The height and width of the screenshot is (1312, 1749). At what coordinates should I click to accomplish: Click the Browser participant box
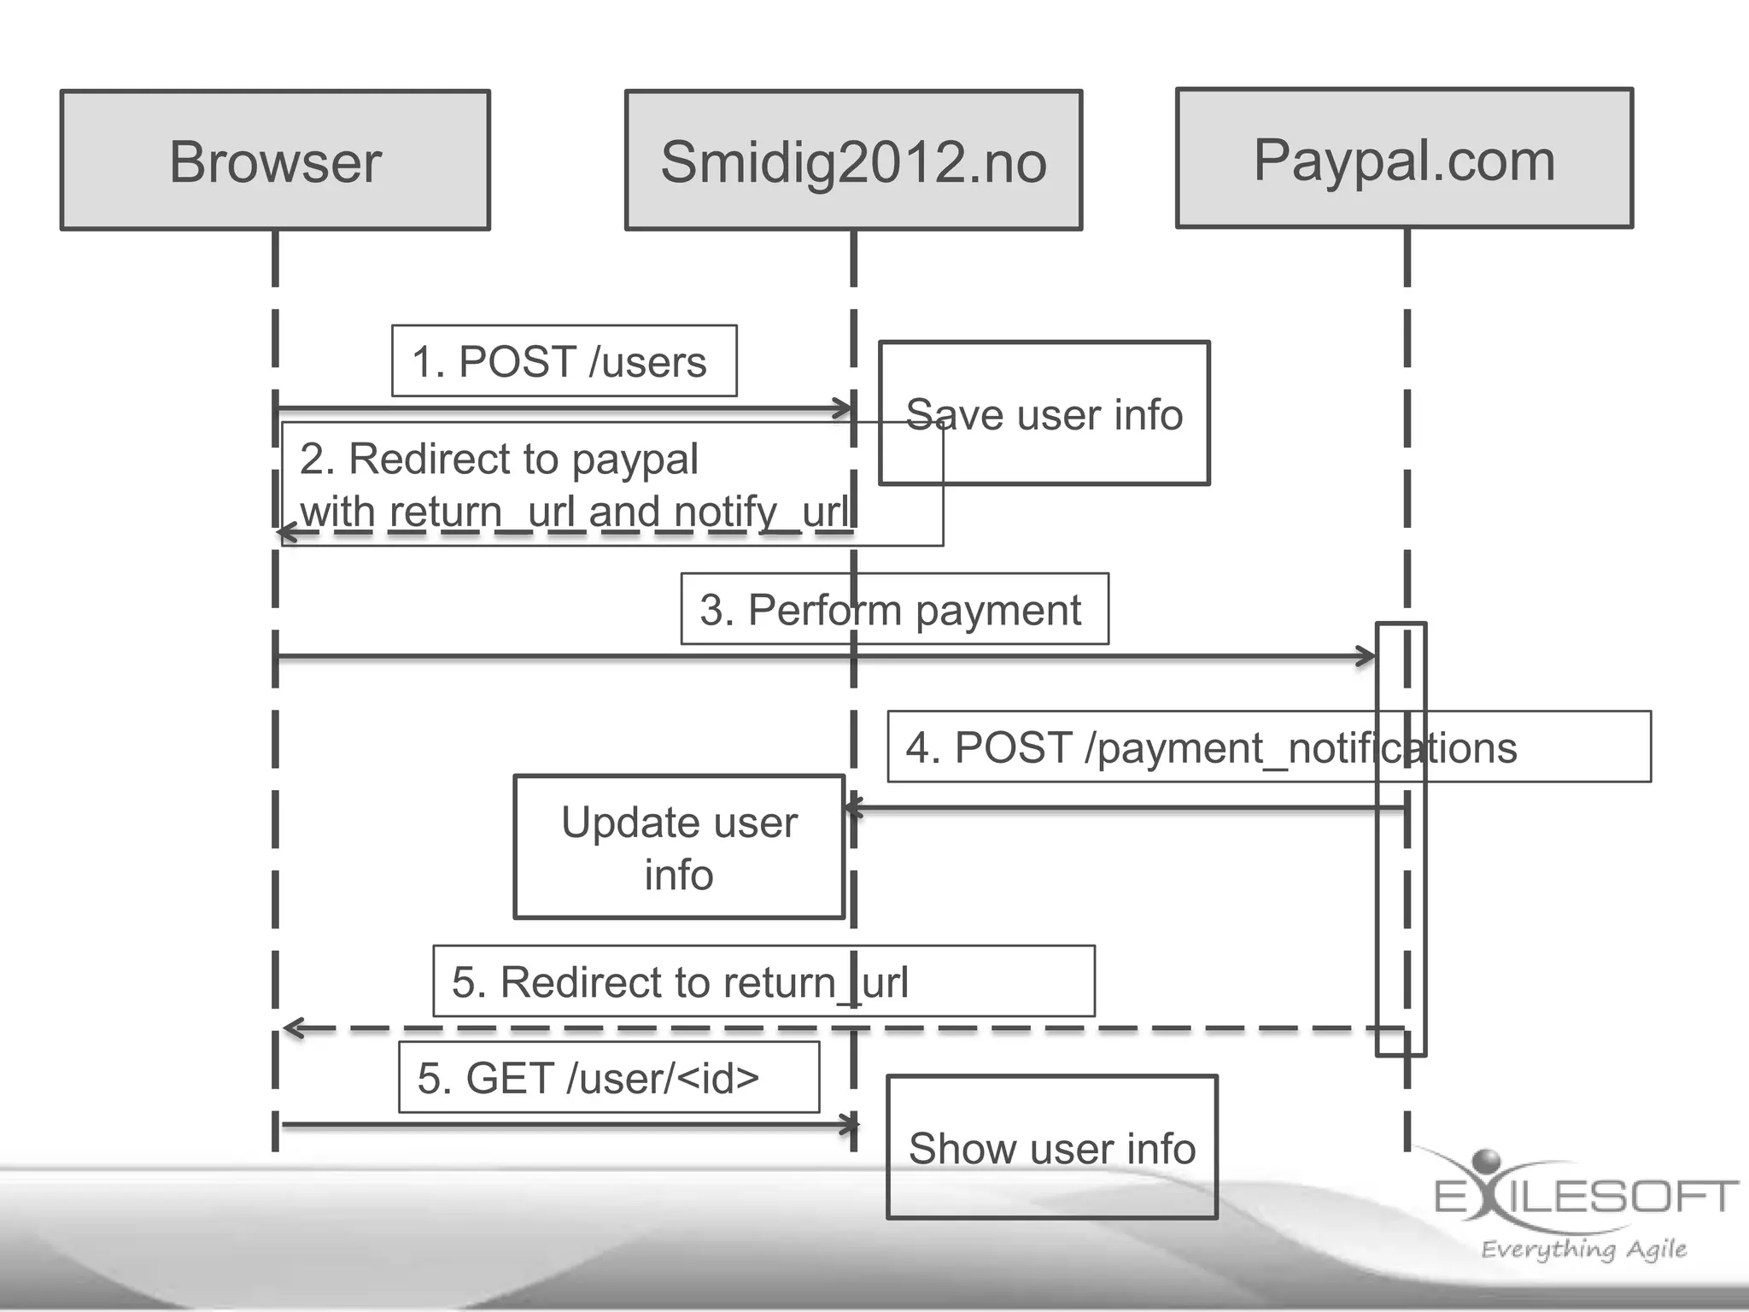275,161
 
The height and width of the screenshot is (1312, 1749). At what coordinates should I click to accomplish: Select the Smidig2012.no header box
853,161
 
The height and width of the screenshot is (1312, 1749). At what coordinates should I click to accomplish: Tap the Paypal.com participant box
1404,159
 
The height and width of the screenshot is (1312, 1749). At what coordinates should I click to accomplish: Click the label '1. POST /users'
559,361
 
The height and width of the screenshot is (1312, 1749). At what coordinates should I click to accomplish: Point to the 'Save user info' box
1044,413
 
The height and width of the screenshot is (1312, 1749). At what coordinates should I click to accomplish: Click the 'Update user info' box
679,847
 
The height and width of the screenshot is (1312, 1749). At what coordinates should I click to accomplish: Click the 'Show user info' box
1051,1147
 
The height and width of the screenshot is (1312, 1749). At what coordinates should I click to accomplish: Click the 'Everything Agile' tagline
1582,1249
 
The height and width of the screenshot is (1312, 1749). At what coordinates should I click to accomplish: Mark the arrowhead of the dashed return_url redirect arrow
292,1028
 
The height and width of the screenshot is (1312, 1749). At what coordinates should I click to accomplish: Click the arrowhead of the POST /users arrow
845,408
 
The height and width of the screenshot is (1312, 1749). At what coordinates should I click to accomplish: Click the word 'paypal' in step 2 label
635,460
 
